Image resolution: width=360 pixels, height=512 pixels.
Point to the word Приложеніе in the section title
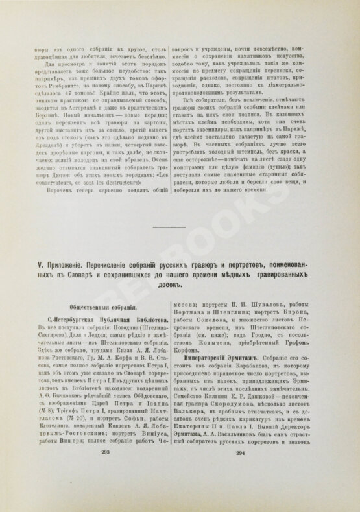pyautogui.click(x=70, y=266)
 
